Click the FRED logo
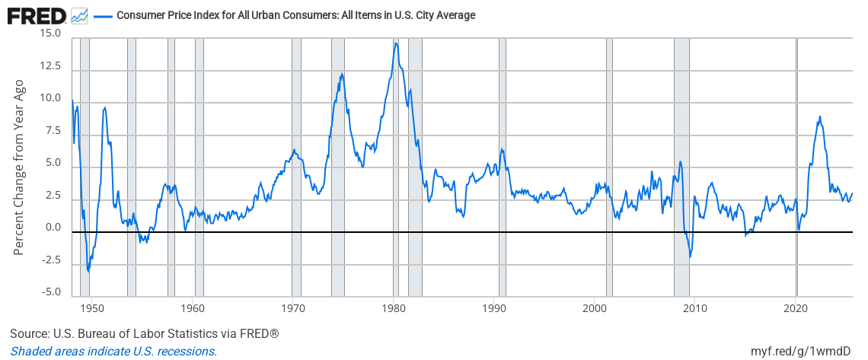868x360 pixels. [37, 15]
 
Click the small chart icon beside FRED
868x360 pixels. [79, 16]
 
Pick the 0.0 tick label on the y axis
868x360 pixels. [53, 228]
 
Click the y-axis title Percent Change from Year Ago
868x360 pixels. [20, 167]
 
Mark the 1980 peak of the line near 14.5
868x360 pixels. [396, 43]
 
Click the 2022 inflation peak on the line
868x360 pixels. [819, 116]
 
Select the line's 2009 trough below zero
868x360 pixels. [690, 257]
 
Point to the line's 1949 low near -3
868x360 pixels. [88, 270]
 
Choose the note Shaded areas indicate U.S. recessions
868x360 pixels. [113, 351]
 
